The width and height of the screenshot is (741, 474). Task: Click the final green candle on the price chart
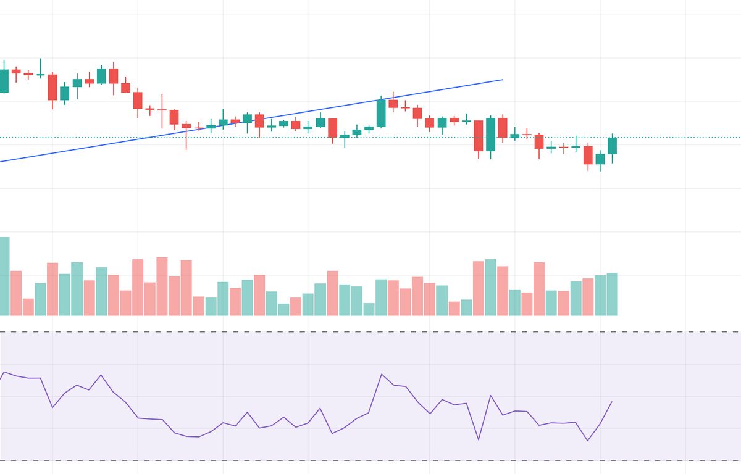click(x=612, y=146)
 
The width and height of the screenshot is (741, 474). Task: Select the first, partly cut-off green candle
click(x=4, y=81)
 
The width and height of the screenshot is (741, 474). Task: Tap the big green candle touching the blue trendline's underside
click(x=381, y=114)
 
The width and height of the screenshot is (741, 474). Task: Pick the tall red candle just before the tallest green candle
click(x=479, y=136)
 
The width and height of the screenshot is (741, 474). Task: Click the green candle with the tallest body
click(x=490, y=135)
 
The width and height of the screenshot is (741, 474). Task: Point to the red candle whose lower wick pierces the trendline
click(x=186, y=126)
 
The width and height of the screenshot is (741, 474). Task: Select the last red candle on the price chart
click(x=588, y=155)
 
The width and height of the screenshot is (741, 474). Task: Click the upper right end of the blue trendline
click(x=502, y=80)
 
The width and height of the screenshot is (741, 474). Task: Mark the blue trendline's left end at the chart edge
click(x=2, y=161)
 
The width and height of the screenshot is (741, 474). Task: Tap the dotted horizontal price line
click(x=679, y=138)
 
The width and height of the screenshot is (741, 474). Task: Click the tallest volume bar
click(x=4, y=276)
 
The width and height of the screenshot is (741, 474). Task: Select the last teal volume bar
click(x=612, y=294)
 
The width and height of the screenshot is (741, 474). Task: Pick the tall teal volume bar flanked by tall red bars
click(x=490, y=287)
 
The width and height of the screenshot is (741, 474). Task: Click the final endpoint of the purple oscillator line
click(x=612, y=402)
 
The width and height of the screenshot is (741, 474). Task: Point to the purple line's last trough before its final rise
click(x=588, y=441)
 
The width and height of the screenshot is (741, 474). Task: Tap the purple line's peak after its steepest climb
click(x=382, y=374)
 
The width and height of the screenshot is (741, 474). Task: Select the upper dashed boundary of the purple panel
click(x=371, y=332)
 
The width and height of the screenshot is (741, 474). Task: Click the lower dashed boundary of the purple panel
click(x=371, y=460)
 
